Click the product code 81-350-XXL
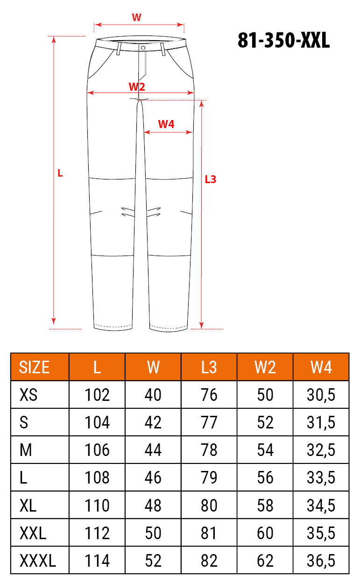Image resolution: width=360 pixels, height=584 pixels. click(x=284, y=40)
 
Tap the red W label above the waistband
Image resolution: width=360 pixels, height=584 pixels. click(x=137, y=17)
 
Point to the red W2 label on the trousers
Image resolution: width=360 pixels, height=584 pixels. click(x=137, y=86)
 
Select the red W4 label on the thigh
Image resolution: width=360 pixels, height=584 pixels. click(x=166, y=124)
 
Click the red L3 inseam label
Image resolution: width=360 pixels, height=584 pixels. click(x=211, y=179)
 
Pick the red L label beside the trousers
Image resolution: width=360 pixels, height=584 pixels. click(x=60, y=173)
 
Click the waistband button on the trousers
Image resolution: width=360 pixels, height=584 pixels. click(x=143, y=48)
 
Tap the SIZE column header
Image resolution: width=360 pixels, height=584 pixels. click(x=34, y=367)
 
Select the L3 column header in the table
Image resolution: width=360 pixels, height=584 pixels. click(x=209, y=367)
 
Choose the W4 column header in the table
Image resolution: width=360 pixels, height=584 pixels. click(x=321, y=367)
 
